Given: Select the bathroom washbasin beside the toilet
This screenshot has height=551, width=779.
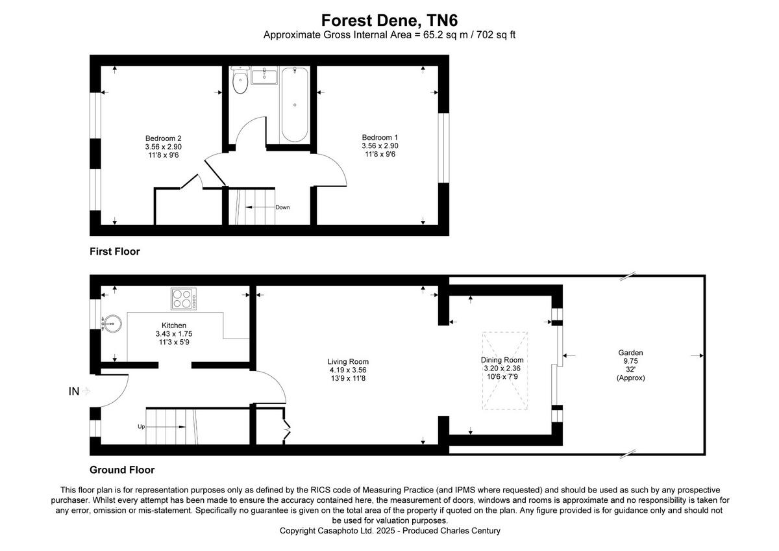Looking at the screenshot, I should click(264, 75).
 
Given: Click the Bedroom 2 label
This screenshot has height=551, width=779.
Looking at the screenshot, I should click(163, 138).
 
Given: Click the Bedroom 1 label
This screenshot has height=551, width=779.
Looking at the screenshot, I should click(380, 137).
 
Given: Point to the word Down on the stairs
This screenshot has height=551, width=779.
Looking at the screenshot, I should click(282, 207).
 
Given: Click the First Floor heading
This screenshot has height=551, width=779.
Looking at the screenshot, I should click(115, 251).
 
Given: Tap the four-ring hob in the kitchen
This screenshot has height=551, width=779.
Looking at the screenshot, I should click(184, 300).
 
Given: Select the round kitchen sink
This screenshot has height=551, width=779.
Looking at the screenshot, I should click(112, 322).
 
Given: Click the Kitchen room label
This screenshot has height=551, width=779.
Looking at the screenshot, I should click(174, 326).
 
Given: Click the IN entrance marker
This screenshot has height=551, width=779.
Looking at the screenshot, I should click(74, 391).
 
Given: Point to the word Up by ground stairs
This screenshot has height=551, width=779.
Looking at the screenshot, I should click(141, 427).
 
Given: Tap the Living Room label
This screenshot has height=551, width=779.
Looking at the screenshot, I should click(348, 362).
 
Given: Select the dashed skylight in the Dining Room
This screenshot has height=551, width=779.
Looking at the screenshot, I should click(505, 370).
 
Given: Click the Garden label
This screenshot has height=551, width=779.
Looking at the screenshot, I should click(630, 353).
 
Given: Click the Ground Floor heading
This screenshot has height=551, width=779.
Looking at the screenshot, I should click(122, 470).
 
